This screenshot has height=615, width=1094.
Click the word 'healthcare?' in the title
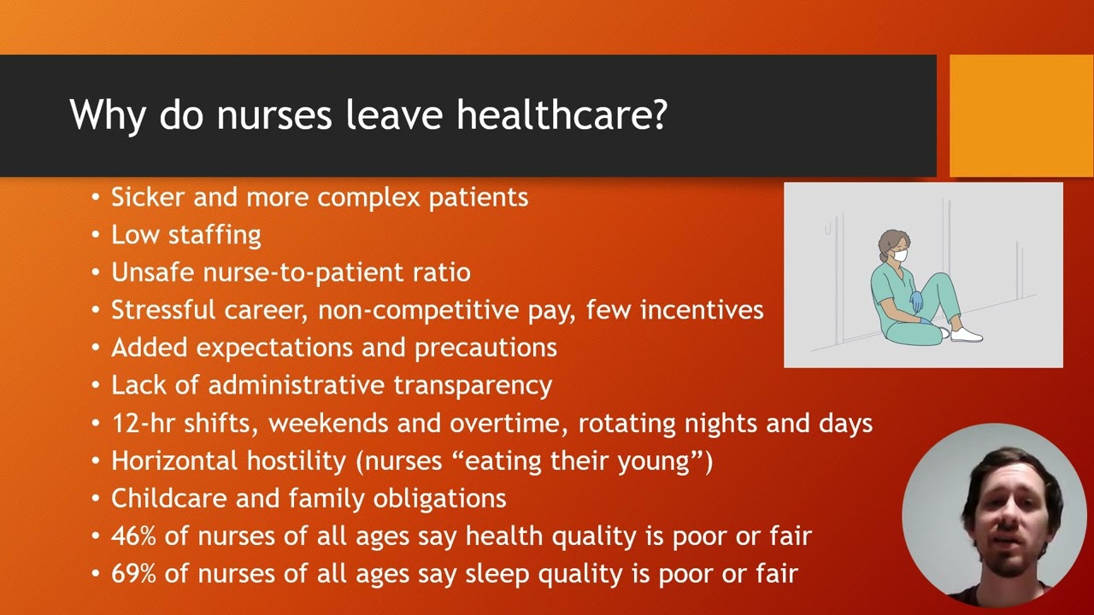pos(562,114)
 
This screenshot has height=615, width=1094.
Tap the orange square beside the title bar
pos(1021,116)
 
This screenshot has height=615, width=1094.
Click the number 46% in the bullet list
pos(133,536)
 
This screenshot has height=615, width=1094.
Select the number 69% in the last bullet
pos(133,573)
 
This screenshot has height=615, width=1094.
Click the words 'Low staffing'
pos(185,235)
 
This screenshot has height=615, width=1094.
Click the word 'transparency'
pos(473,385)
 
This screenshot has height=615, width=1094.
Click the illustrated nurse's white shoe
pos(966,336)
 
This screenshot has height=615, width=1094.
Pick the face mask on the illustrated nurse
pos(899,255)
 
